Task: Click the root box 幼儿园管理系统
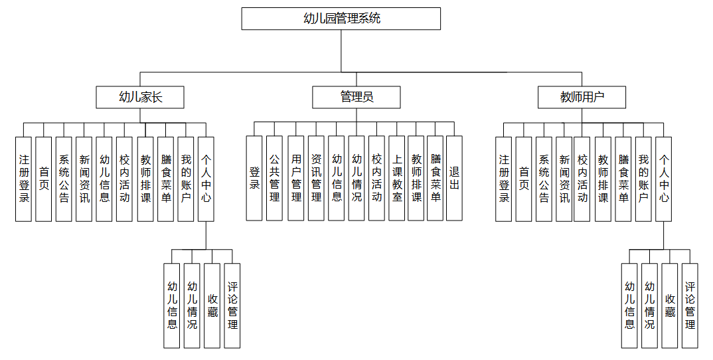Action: (x=341, y=19)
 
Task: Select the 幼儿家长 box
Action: (x=139, y=98)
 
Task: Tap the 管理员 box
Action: (x=356, y=98)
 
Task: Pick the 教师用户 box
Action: (x=582, y=98)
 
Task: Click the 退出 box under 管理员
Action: (x=454, y=178)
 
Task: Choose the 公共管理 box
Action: (x=274, y=178)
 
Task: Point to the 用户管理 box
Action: (x=296, y=178)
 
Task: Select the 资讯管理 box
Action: (x=317, y=178)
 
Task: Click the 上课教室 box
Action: (x=396, y=178)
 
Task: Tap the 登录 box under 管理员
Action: (x=254, y=178)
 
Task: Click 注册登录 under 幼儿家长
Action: (x=24, y=178)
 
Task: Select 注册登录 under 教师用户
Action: (x=504, y=178)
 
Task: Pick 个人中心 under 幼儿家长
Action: (x=206, y=178)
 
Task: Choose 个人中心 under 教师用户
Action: (x=663, y=178)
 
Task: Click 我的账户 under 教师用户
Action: (x=643, y=178)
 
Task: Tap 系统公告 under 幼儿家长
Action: (x=64, y=178)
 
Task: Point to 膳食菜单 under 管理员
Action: (x=435, y=178)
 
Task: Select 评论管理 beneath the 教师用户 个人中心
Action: (x=690, y=306)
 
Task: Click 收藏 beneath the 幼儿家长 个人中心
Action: (x=212, y=306)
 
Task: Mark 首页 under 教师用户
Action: (x=524, y=178)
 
